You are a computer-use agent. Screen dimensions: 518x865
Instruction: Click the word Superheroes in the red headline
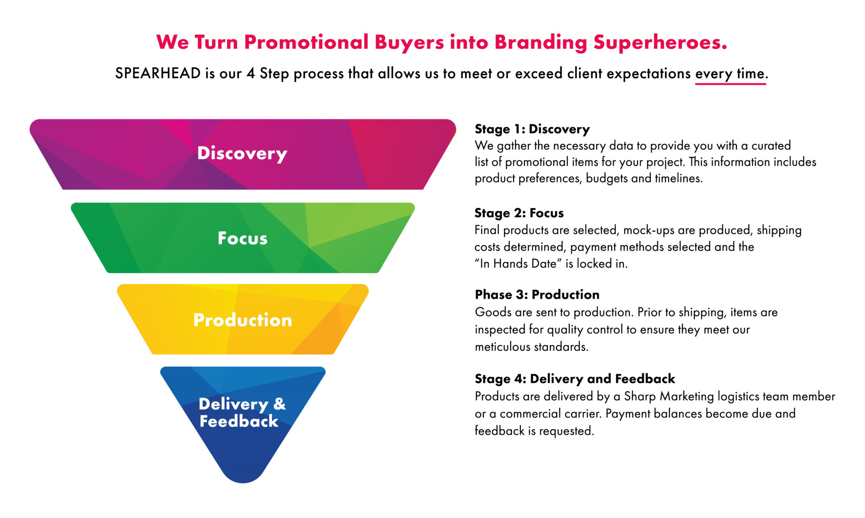[x=660, y=43]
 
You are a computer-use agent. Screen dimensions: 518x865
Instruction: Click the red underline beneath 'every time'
[x=730, y=84]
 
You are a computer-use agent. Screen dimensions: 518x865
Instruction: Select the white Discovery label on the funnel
[x=242, y=153]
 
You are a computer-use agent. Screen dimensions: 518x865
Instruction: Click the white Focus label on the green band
[x=242, y=239]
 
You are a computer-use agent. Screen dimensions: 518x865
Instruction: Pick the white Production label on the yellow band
[x=242, y=320]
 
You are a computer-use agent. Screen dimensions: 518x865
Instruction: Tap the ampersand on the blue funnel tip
[x=280, y=404]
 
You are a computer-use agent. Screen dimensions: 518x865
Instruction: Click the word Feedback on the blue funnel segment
[x=239, y=421]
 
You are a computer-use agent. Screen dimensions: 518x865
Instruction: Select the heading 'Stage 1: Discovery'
[x=532, y=129]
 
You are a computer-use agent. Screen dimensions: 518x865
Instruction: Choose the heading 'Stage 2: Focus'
[x=519, y=213]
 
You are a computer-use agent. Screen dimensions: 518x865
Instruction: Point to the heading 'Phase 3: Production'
[x=537, y=295]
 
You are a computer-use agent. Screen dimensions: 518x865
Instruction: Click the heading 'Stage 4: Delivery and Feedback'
[x=575, y=379]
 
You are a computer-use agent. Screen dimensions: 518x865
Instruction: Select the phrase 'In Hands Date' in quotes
[x=518, y=264]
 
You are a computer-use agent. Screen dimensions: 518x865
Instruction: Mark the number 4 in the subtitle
[x=251, y=73]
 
